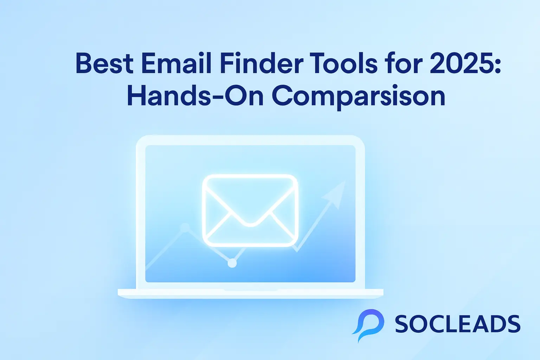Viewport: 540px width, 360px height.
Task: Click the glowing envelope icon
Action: coord(250,211)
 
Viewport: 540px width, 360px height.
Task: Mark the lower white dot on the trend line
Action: coord(232,263)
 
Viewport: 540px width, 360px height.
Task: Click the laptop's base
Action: coord(250,293)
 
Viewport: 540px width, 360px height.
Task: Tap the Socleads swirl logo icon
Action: coord(368,324)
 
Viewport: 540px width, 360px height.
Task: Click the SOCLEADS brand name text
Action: coord(457,324)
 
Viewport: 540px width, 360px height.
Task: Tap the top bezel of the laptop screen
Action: coord(250,140)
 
